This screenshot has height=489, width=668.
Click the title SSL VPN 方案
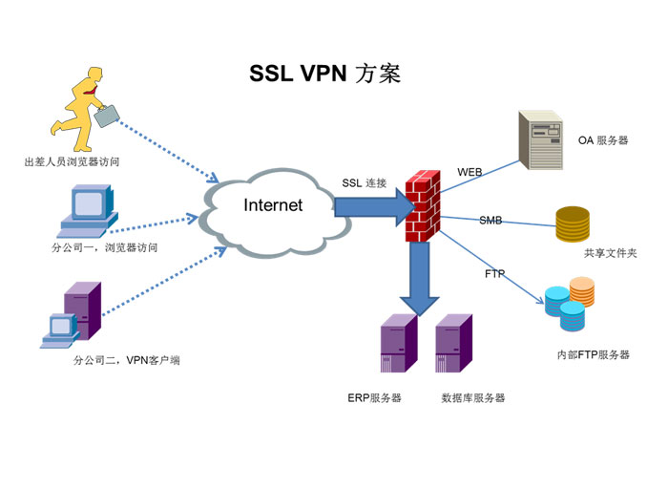324,74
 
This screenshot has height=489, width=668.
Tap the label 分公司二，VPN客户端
126,360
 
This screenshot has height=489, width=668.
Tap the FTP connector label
494,274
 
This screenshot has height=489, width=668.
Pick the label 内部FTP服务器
593,354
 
